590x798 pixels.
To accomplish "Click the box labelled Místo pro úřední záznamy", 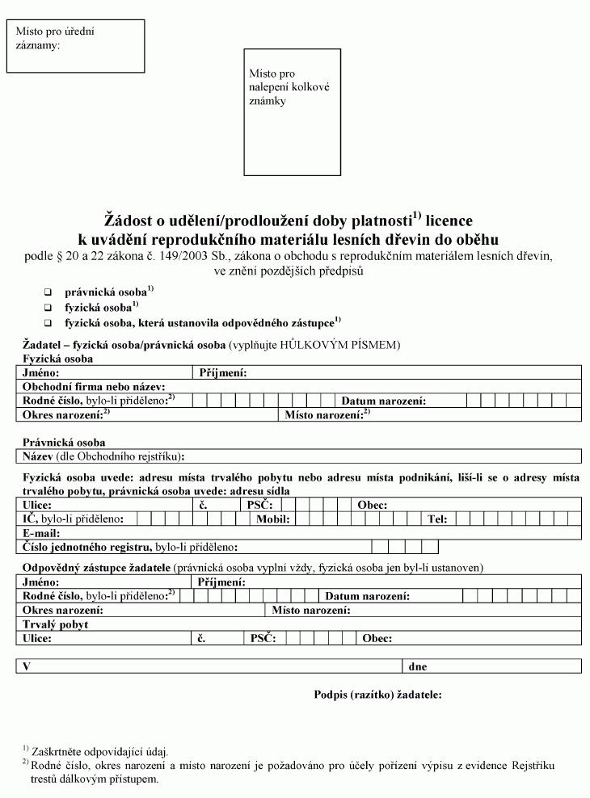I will coord(75,46).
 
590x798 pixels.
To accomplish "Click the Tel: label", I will coord(438,519).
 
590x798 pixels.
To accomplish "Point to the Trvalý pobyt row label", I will coord(56,624).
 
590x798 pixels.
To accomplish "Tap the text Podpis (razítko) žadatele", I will coord(377,695).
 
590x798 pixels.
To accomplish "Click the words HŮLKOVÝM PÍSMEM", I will coord(339,345).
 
